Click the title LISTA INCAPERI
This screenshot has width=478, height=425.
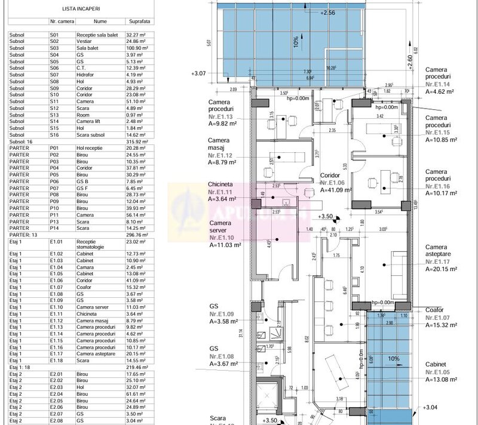coord(81,10)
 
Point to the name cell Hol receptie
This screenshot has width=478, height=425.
coord(93,149)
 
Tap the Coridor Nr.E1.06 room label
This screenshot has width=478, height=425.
coord(335,182)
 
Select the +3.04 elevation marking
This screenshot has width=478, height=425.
coord(429,407)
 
